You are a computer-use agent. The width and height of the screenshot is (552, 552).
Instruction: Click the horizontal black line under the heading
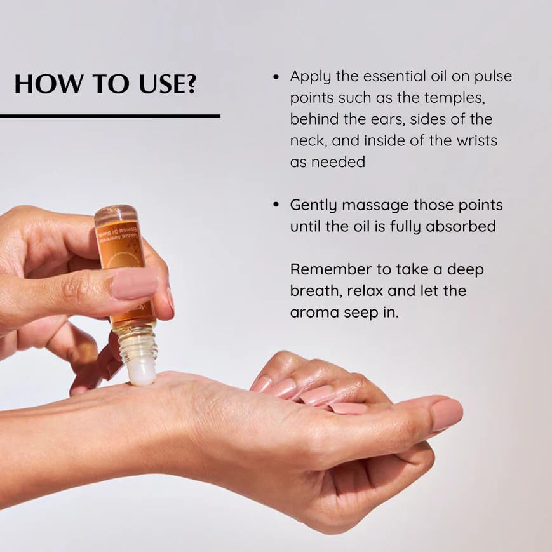110,116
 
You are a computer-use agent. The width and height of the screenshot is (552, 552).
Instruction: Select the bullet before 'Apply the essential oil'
276,77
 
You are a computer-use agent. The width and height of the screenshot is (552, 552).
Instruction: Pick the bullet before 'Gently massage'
276,205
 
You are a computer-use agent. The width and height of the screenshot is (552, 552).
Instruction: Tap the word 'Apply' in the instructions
309,77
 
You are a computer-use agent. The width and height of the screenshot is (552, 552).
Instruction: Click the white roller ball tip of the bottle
142,372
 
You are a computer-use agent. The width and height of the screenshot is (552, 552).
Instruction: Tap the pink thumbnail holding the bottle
134,283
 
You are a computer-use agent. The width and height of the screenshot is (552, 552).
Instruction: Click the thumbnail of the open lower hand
446,414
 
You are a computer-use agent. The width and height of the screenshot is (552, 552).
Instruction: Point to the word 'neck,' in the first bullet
310,140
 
